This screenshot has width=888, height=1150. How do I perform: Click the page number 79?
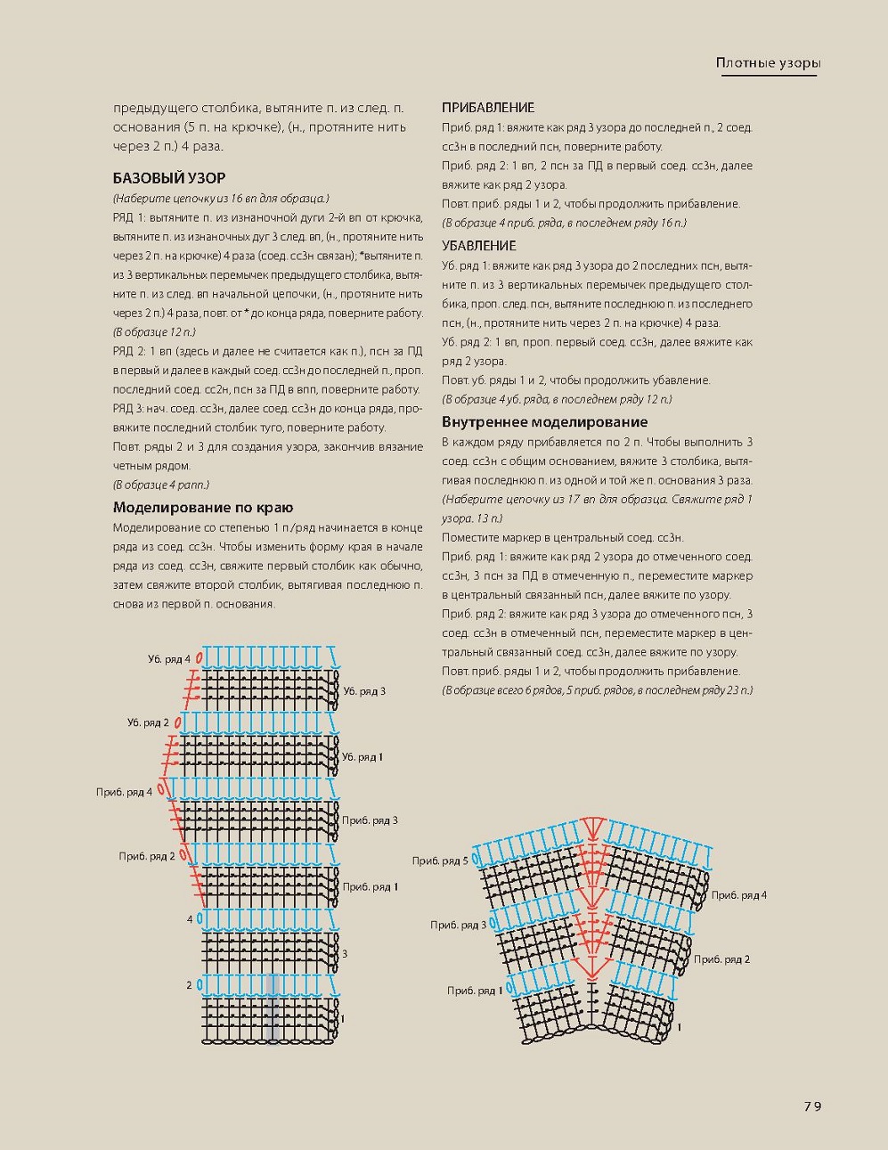pos(811,1106)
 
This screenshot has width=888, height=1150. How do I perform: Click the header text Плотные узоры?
pos(768,62)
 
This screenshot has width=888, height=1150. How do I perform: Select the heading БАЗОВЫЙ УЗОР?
pos(169,178)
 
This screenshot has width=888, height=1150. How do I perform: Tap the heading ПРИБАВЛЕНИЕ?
pos(488,108)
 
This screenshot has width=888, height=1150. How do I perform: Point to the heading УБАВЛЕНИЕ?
pos(479,246)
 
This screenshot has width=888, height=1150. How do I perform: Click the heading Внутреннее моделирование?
pos(545,422)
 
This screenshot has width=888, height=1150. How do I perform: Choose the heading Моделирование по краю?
pos(203,508)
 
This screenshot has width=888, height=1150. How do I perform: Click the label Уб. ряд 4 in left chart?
pos(169,659)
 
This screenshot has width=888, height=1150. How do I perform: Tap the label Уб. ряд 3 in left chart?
pos(364,691)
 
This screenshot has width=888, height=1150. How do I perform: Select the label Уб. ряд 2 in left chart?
pos(148,723)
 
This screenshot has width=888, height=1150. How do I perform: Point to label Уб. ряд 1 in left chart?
pos(363,757)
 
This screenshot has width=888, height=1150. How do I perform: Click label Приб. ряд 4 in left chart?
pos(124,792)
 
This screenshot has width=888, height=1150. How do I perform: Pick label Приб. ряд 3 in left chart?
pos(370,820)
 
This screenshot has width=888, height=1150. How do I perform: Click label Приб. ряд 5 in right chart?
pos(439,860)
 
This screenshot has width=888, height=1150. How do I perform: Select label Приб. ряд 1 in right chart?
pos(475,991)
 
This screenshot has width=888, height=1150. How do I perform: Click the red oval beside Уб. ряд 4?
pos(200,658)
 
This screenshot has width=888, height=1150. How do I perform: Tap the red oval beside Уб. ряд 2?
pos(178,722)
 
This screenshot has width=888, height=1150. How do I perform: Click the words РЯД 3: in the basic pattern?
pos(131,408)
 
